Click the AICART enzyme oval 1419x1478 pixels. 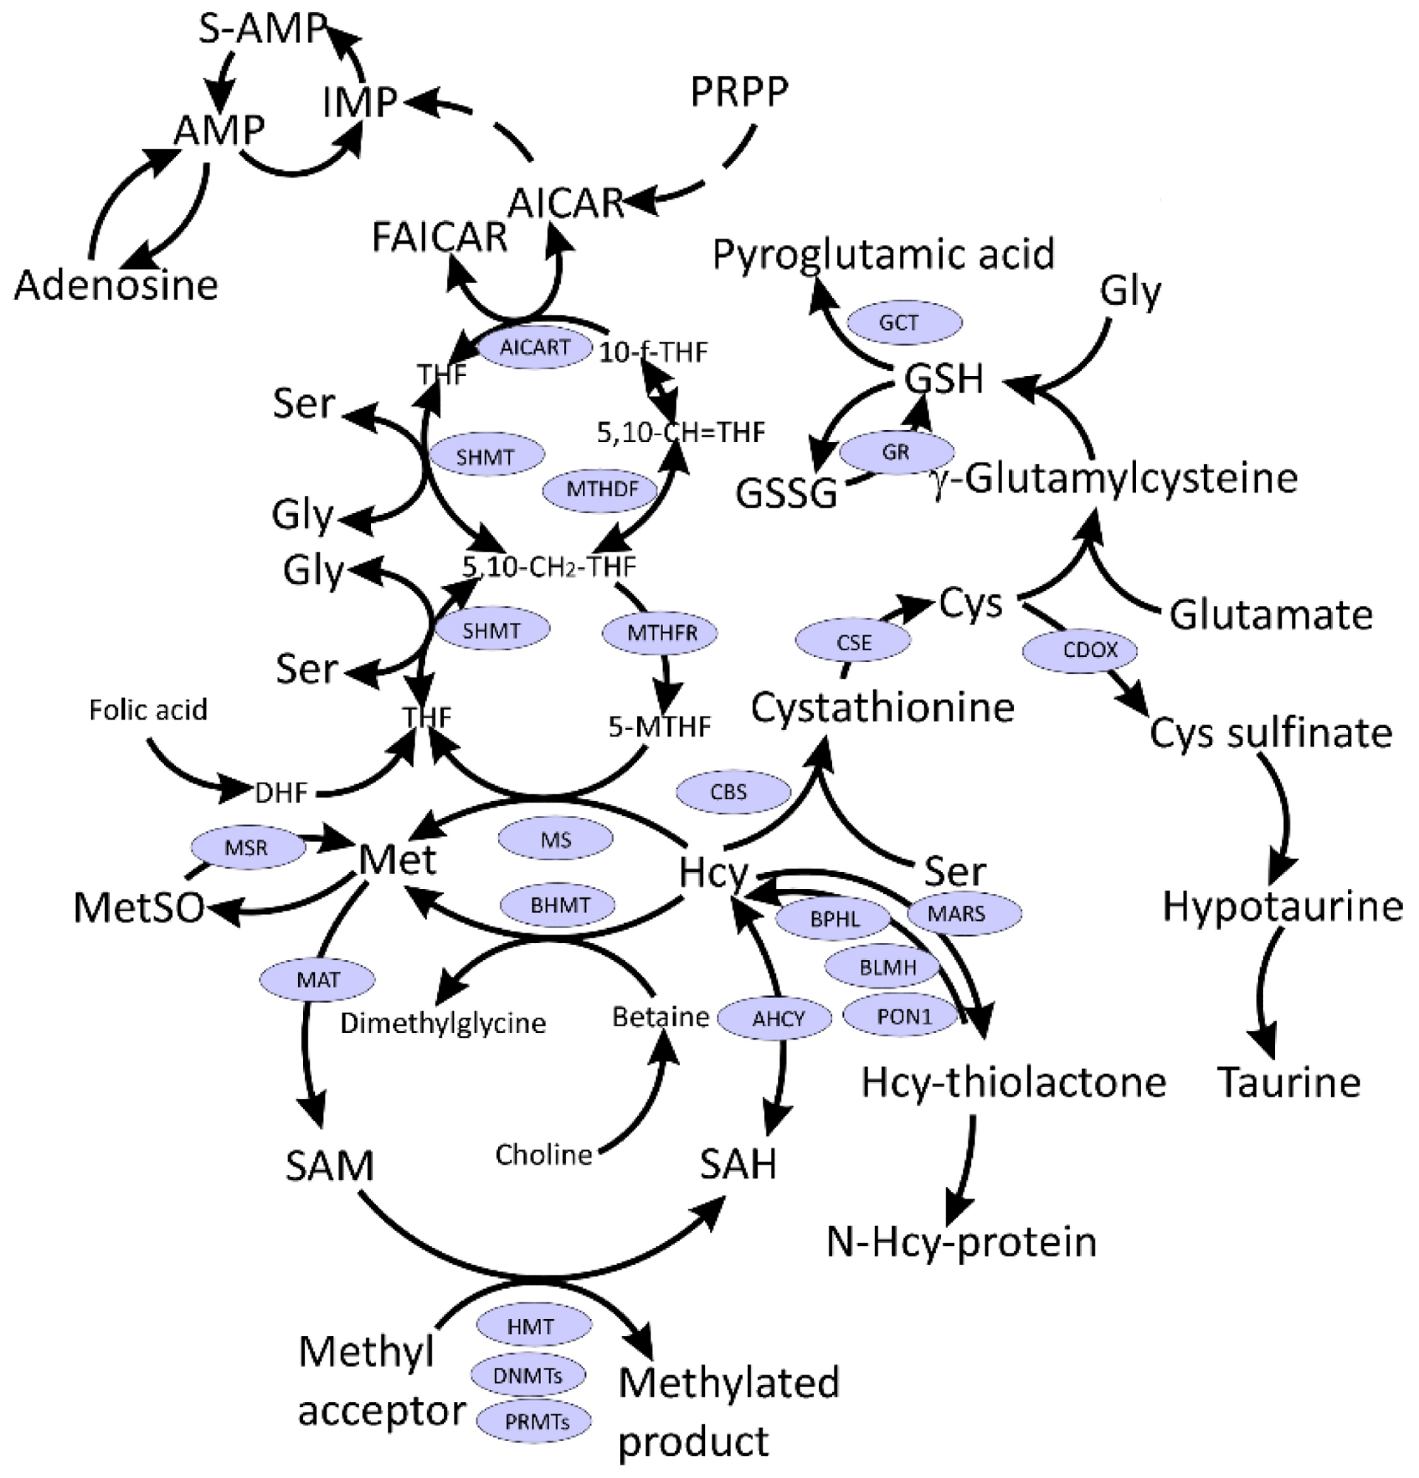tap(535, 347)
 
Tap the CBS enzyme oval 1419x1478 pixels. tap(729, 791)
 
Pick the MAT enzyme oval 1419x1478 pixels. tap(318, 981)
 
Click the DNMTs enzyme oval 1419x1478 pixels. tap(528, 1375)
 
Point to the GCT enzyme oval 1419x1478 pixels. tap(899, 323)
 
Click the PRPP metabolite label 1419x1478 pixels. tap(739, 92)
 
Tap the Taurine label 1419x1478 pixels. tap(1290, 1083)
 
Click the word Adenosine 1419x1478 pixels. tap(116, 286)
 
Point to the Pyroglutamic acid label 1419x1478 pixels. tap(883, 254)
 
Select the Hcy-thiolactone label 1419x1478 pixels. tap(1013, 1083)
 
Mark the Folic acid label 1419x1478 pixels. tap(148, 709)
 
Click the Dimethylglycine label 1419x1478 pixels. tap(443, 1024)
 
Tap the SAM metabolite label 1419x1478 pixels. tap(330, 1166)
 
